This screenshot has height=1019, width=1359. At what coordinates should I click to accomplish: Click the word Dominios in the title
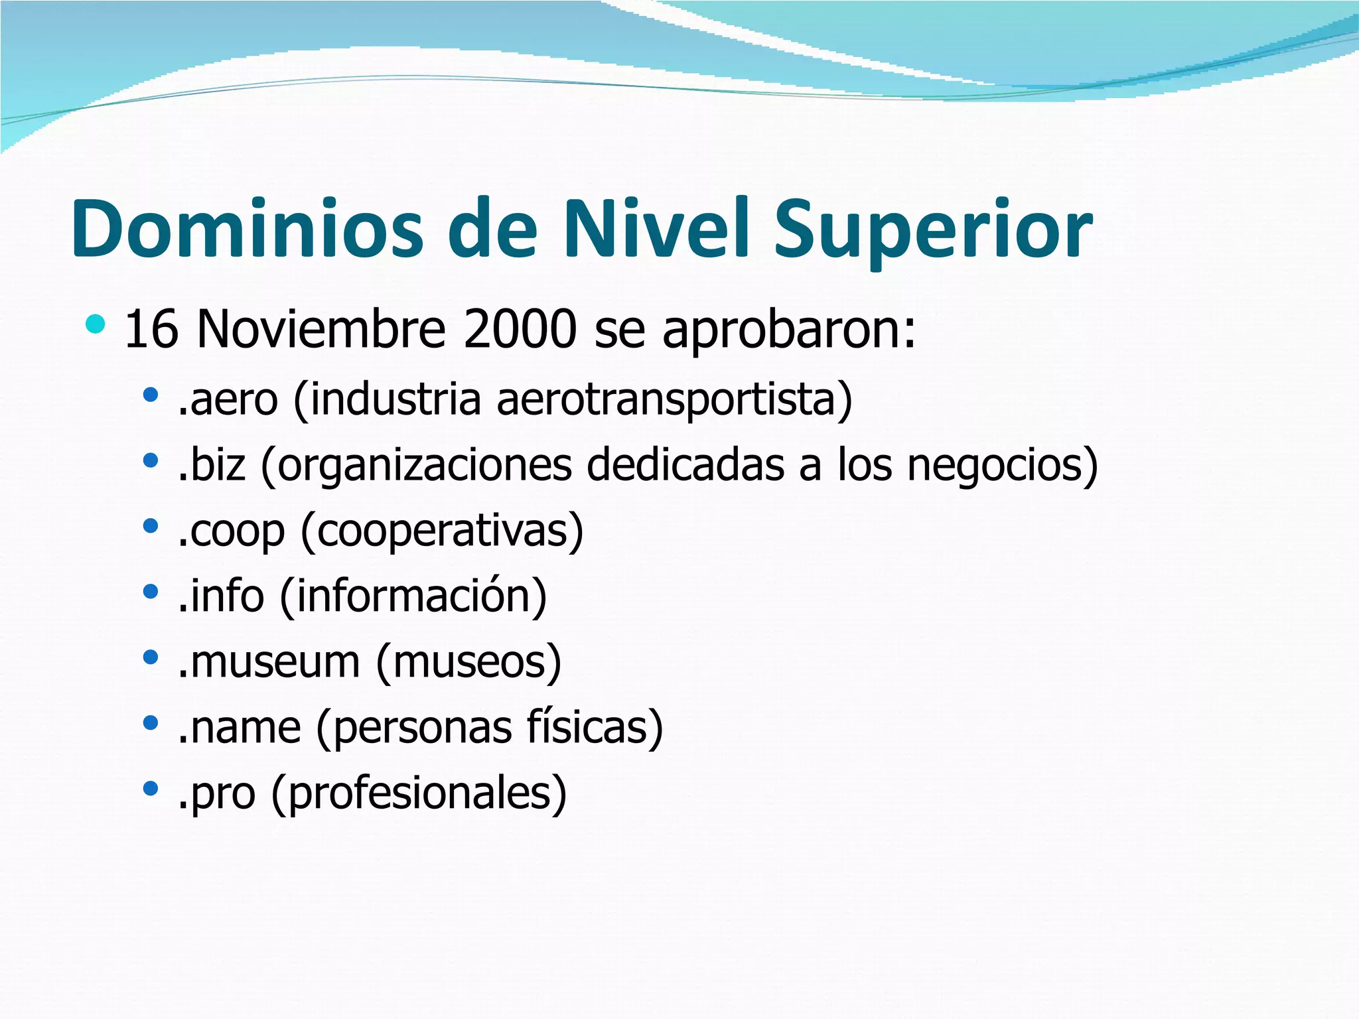(247, 229)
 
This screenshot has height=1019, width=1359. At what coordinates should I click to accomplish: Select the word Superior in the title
(932, 230)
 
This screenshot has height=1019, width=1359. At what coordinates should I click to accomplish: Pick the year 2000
(520, 329)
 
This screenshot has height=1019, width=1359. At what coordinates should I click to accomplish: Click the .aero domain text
(228, 399)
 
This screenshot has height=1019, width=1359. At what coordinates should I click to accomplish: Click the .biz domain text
(212, 464)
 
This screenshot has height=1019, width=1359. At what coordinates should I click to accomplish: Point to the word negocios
(1001, 466)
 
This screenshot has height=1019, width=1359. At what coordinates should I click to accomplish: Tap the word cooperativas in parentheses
(442, 531)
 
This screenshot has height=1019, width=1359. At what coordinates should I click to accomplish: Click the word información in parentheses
(413, 596)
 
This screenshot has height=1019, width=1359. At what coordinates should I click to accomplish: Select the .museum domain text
(269, 661)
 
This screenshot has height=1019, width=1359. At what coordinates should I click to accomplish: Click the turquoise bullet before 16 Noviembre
(96, 324)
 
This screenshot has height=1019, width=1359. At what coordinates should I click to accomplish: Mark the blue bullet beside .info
(151, 591)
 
